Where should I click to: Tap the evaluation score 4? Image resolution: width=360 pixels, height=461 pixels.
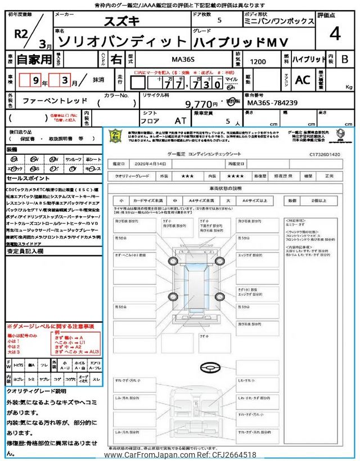pos(335,34)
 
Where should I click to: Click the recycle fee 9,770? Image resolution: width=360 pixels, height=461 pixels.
pos(201,104)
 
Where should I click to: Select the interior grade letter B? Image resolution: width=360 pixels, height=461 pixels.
pos(345,59)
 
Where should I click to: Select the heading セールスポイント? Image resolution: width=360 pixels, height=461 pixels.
pos(28,177)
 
